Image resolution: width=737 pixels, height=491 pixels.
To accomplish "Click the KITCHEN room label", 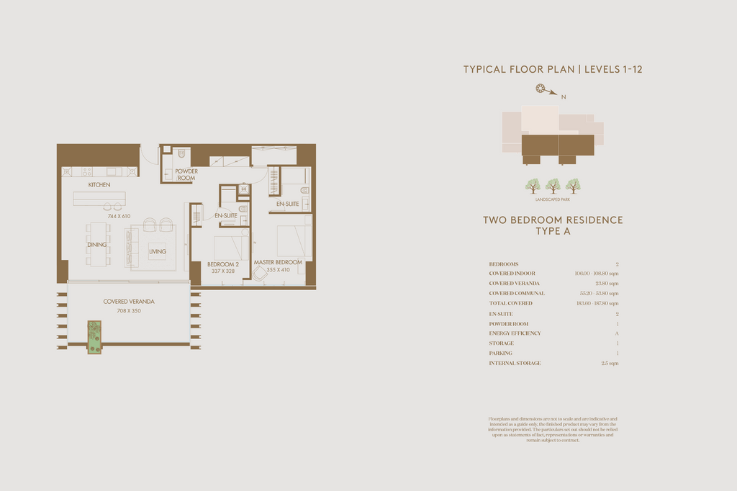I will click(x=99, y=185).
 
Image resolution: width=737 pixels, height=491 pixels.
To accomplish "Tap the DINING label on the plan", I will click(x=97, y=245).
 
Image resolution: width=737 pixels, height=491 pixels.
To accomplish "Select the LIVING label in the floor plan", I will click(x=158, y=251).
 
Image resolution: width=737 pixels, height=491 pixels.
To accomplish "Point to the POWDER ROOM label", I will click(x=186, y=174).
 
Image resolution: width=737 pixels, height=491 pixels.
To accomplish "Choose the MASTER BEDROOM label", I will click(x=278, y=262).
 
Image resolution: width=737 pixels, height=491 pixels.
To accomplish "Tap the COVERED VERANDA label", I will click(x=129, y=302).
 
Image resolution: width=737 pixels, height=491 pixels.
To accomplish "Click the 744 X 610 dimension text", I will click(x=118, y=216).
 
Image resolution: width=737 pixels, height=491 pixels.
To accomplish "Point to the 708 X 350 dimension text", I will click(x=129, y=310).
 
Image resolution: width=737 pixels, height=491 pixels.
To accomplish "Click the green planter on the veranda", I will click(x=94, y=337).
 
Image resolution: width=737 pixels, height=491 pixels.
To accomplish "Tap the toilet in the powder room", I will click(x=181, y=155).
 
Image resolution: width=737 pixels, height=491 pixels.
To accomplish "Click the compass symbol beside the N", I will click(x=541, y=89).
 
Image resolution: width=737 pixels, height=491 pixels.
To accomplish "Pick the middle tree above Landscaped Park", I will click(x=553, y=186).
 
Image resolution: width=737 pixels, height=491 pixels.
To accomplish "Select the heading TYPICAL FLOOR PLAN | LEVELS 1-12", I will click(x=552, y=69).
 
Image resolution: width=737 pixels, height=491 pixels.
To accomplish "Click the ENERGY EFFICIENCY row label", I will click(x=515, y=333).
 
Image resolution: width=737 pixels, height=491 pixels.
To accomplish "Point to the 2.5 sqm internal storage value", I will click(x=609, y=364).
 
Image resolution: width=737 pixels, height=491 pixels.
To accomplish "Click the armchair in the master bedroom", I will click(x=259, y=274).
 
